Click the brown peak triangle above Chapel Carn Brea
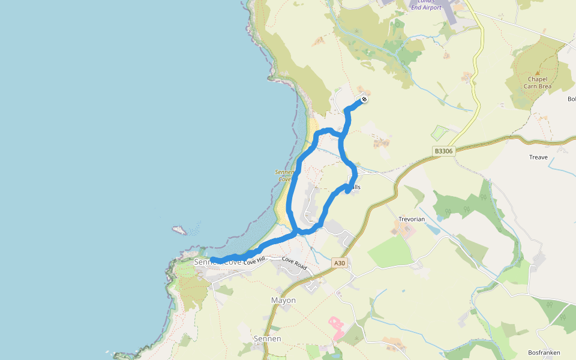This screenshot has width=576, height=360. [x=537, y=73]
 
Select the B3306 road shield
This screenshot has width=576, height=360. [x=443, y=152]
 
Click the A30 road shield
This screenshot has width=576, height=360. [x=340, y=263]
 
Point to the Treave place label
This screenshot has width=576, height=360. [x=538, y=157]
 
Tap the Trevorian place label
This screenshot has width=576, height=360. [x=412, y=219]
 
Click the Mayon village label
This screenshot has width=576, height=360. [x=283, y=300]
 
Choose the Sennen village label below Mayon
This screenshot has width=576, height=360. [x=267, y=339]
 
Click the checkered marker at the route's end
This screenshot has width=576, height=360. [x=364, y=100]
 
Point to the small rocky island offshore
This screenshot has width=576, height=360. [x=179, y=230]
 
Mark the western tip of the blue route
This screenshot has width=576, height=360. [x=212, y=259]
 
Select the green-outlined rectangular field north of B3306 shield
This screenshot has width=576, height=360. [x=440, y=133]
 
